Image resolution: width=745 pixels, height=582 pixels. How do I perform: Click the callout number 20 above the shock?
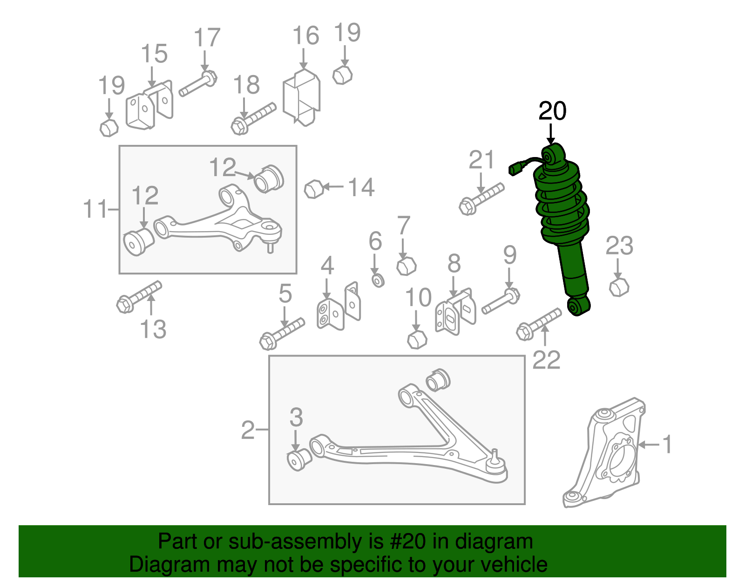552,111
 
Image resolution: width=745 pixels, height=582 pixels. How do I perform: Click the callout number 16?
305,36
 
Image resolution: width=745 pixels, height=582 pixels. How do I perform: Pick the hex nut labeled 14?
313,189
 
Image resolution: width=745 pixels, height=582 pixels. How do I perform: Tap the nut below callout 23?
619,287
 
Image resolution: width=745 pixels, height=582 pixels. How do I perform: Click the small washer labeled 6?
378,280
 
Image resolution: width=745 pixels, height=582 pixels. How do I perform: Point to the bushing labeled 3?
298,459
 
